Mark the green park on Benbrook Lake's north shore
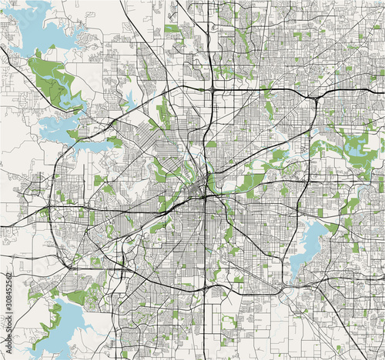(75, 297)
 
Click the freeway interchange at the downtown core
(204, 196)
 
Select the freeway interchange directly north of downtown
(212, 89)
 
